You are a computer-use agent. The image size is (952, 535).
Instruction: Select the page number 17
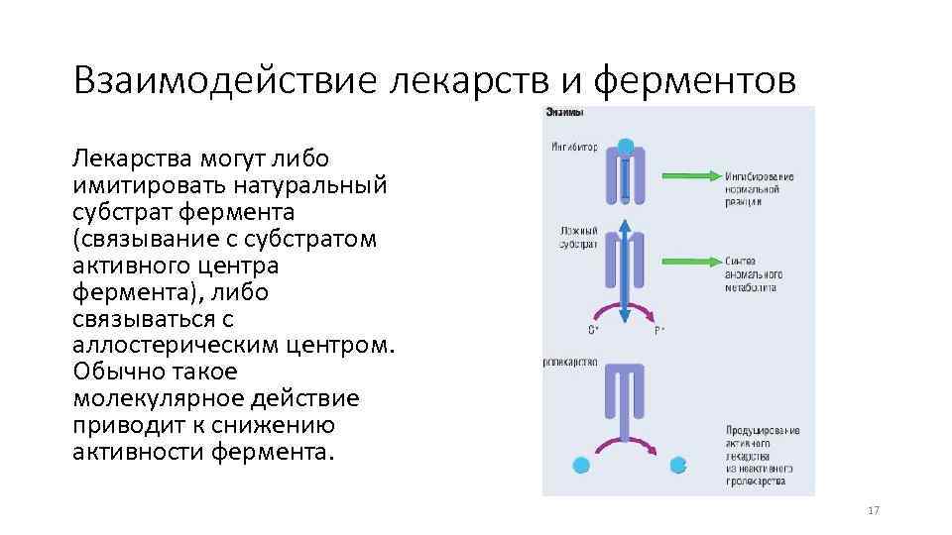pyautogui.click(x=873, y=510)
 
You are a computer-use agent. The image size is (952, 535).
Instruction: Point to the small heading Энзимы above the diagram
pyautogui.click(x=564, y=113)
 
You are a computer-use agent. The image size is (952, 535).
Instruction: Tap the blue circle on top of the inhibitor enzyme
pyautogui.click(x=626, y=146)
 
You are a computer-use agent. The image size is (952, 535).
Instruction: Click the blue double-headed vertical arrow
pyautogui.click(x=625, y=269)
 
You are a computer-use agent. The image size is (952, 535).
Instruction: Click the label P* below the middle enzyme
pyautogui.click(x=659, y=330)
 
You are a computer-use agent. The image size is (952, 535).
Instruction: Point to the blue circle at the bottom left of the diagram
pyautogui.click(x=582, y=464)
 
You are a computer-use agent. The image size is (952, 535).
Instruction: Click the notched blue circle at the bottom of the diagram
pyautogui.click(x=678, y=464)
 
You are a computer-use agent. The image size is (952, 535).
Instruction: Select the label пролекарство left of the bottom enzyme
pyautogui.click(x=570, y=363)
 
